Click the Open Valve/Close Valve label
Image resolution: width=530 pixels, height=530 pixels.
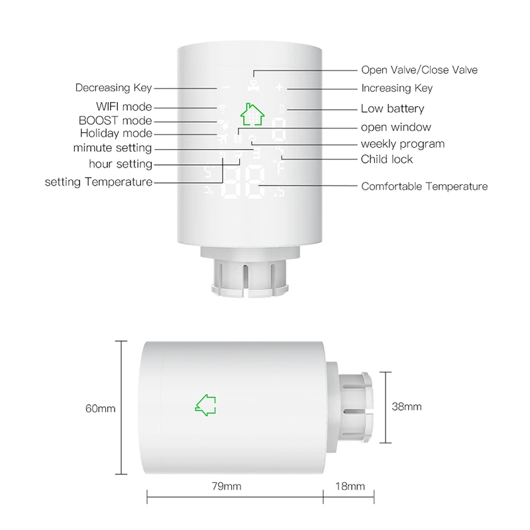point(419,70)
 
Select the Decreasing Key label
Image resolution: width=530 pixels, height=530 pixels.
point(113,87)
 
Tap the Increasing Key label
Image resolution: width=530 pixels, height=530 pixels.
point(396,88)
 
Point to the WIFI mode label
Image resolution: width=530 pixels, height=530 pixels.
point(124,107)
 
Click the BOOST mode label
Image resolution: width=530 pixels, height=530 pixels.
point(115,121)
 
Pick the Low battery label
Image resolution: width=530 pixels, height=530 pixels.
point(392,109)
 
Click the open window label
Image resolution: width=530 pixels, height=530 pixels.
point(396,127)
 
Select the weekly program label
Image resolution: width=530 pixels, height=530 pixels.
point(402,144)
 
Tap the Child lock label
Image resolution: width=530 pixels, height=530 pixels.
point(386,159)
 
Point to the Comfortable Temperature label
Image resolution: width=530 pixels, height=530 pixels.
point(424,187)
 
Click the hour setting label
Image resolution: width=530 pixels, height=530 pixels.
point(121,164)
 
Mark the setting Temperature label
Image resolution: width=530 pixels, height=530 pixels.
point(99,182)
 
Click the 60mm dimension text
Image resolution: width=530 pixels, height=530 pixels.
point(100,409)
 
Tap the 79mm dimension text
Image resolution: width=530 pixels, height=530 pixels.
point(227,487)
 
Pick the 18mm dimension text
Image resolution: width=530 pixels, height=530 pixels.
point(350,487)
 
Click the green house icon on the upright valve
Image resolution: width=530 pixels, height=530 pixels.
point(251,114)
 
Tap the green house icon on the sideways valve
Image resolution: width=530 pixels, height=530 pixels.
point(207,405)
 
